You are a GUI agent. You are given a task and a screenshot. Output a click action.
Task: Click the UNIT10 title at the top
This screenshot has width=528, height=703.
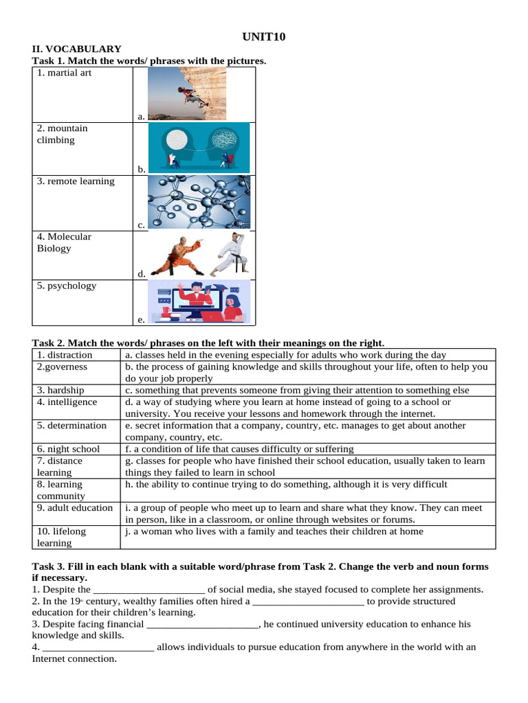click(x=264, y=36)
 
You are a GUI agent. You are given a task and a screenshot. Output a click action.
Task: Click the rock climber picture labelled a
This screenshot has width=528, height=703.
click(x=186, y=93)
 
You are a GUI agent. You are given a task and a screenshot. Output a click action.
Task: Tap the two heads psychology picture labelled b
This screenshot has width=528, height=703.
click(x=199, y=146)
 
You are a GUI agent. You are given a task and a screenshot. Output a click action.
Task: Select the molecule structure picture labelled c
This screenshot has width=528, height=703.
click(x=199, y=201)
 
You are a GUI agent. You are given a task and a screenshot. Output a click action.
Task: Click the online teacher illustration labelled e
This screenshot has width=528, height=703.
click(x=199, y=301)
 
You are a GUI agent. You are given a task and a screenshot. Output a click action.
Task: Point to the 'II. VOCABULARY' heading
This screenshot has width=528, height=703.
click(x=77, y=49)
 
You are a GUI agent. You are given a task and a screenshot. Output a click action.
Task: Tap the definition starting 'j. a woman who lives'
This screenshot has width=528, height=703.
click(x=274, y=531)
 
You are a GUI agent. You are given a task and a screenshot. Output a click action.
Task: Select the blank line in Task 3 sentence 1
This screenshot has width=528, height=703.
click(x=148, y=590)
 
